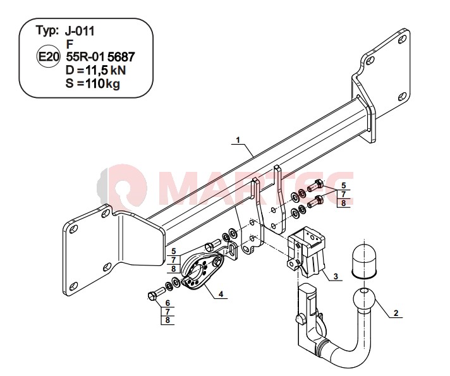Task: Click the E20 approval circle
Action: tap(49, 57)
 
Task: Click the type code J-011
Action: tap(80, 31)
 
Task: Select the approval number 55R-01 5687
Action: tap(100, 57)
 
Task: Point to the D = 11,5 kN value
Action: tap(95, 70)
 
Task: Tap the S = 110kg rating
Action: tap(93, 83)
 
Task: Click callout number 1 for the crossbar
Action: tap(238, 140)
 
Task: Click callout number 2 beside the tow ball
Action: tap(396, 313)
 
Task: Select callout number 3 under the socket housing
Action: tap(336, 276)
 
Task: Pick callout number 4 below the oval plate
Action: tap(221, 294)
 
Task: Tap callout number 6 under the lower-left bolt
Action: tap(168, 303)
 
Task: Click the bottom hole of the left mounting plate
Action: tap(74, 286)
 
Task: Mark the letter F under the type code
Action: tap(70, 44)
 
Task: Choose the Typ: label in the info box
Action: tap(47, 31)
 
